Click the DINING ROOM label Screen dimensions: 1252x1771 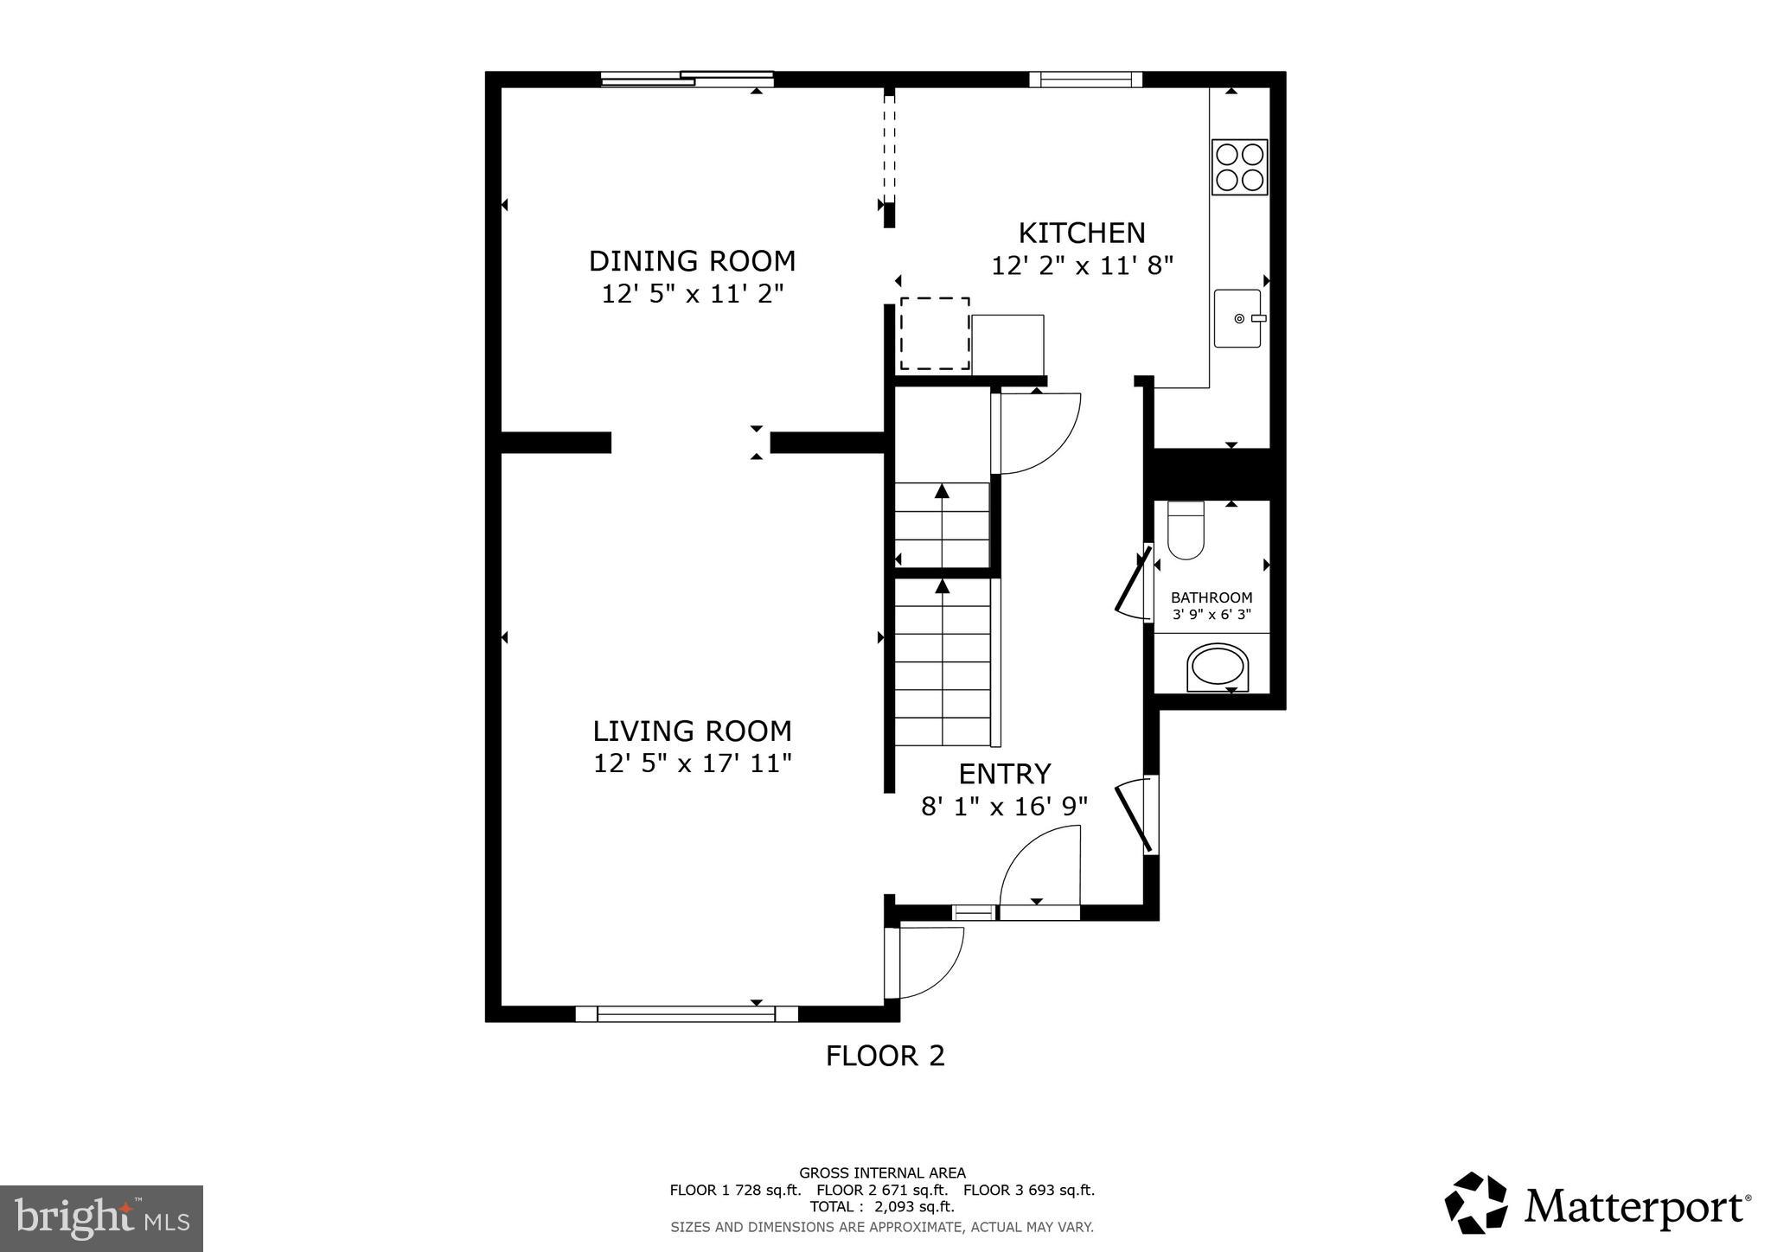[692, 261]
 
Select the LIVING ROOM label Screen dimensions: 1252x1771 [692, 731]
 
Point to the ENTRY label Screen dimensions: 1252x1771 [1004, 773]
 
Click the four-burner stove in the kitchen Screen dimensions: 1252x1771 [1239, 167]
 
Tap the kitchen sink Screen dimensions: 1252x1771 [1237, 319]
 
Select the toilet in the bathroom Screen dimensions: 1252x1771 [1186, 531]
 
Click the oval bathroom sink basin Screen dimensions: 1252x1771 [1218, 667]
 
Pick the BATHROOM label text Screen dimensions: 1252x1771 [1211, 597]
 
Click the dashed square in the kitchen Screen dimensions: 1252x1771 [935, 334]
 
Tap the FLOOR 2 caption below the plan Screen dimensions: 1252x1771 [885, 1056]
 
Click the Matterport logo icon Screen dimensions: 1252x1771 [1475, 1203]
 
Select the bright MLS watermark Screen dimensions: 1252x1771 [102, 1219]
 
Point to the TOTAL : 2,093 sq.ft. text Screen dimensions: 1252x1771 [882, 1207]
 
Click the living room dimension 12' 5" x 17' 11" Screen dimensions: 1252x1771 [692, 764]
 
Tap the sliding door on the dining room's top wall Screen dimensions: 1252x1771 [687, 80]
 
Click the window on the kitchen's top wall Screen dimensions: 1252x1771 [1085, 80]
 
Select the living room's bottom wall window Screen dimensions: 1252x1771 [687, 1013]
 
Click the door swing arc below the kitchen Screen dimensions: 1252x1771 [1038, 432]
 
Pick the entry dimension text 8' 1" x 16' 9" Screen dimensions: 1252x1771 [1004, 807]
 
